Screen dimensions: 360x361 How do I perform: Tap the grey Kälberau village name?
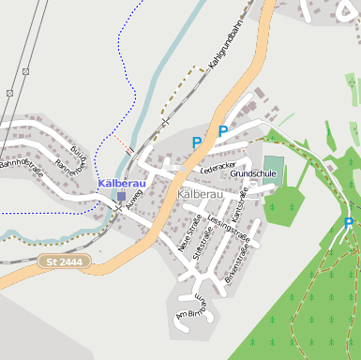point(200,194)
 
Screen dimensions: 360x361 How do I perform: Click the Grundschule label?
point(252,173)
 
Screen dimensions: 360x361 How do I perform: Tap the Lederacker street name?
point(218,167)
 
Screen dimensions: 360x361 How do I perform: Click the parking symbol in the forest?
point(349,223)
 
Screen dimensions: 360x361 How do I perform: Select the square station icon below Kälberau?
point(121,196)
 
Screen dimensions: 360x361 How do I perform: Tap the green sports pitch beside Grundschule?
point(273,170)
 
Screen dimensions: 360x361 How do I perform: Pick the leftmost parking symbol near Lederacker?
point(197,142)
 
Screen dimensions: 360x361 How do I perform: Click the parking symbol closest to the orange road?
point(223,131)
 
